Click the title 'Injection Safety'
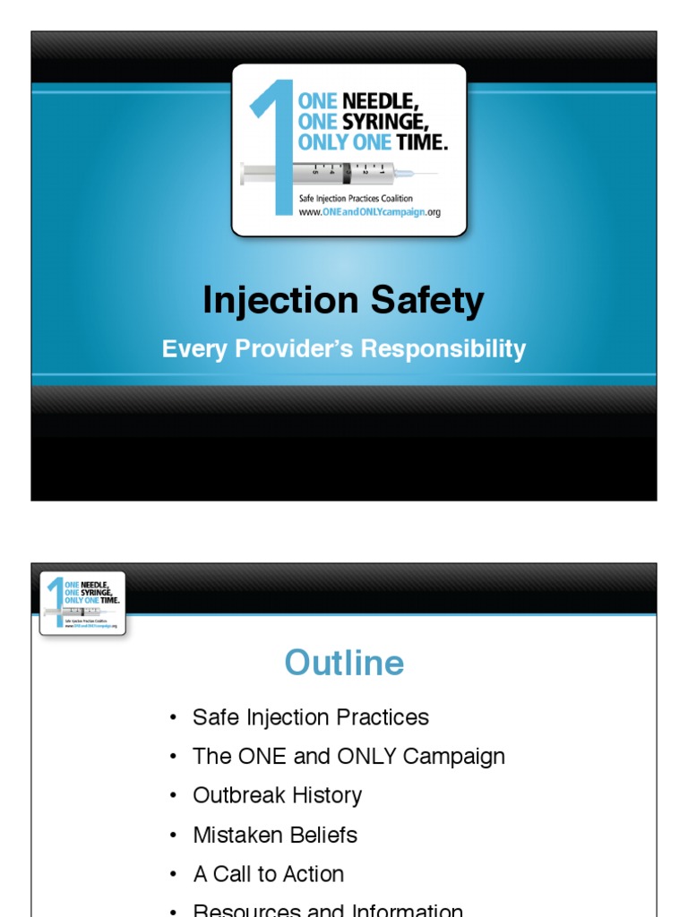343,301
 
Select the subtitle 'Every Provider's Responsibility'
343,348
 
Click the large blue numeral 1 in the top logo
274,143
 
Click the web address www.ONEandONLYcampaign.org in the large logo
369,213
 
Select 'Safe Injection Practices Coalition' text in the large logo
356,199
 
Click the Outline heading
344,663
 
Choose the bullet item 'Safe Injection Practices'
310,717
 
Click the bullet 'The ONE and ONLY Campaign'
348,756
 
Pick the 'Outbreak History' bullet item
277,795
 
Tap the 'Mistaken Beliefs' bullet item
275,835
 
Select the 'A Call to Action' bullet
268,874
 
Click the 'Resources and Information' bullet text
328,910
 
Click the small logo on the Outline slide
82,604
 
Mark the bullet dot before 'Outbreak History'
172,796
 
